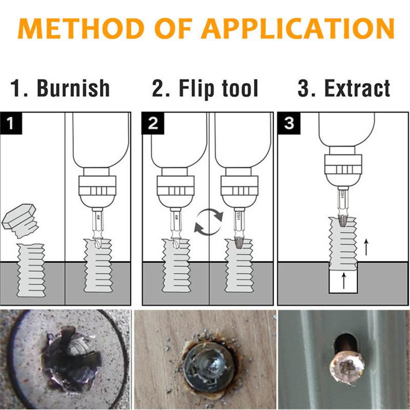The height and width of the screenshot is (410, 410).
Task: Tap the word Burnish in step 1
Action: tap(73, 88)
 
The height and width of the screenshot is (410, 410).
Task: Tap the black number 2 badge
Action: tap(151, 123)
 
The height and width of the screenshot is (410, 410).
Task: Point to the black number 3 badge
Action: tap(289, 123)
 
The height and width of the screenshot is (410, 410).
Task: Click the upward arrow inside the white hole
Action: tap(343, 280)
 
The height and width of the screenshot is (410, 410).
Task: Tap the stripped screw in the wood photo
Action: tap(204, 362)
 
